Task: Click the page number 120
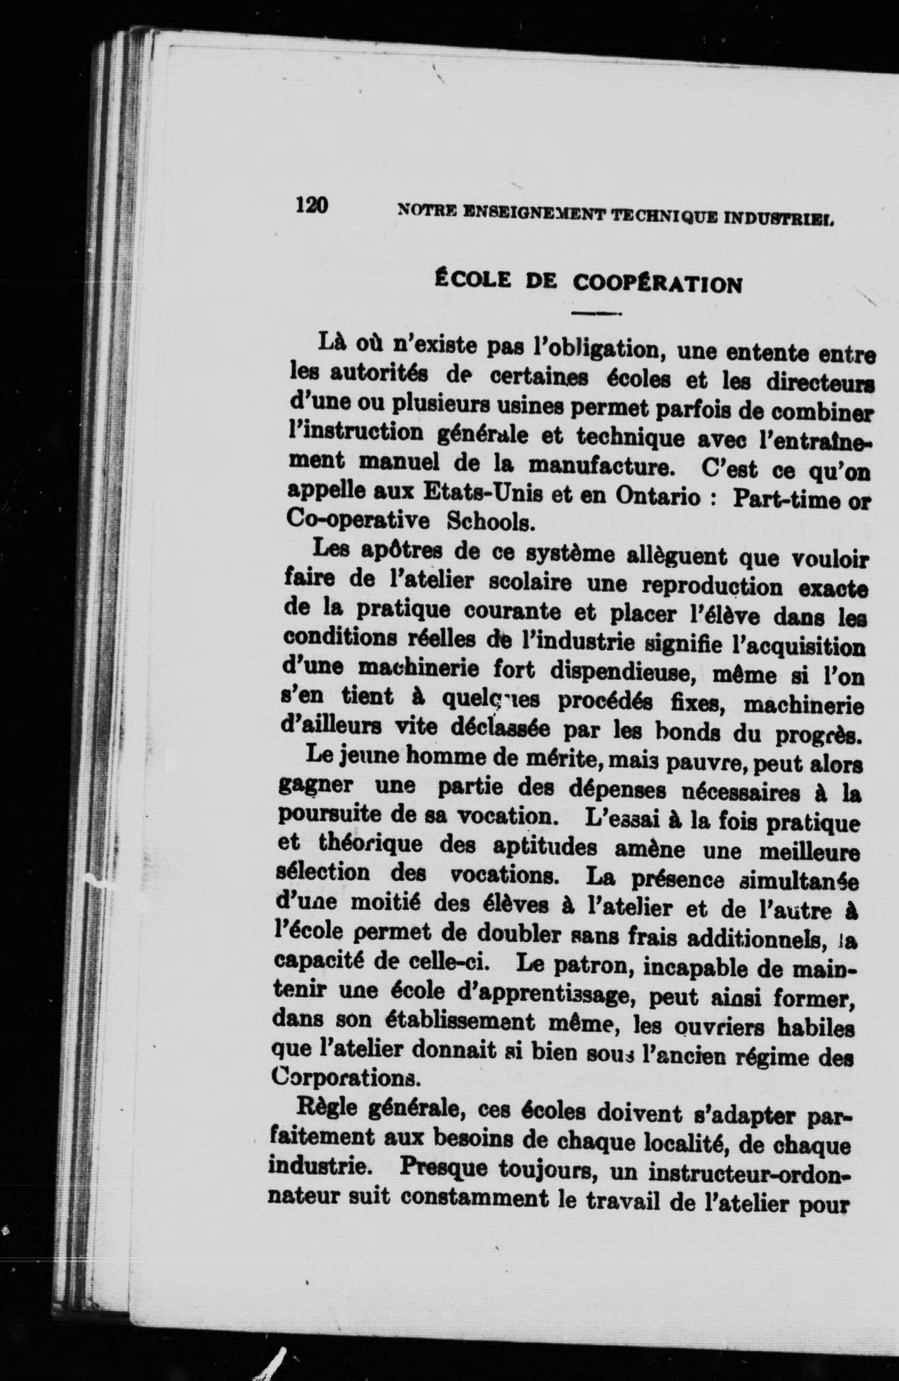pyautogui.click(x=312, y=205)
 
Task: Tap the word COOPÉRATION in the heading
pyautogui.click(x=657, y=284)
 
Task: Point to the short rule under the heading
pyautogui.click(x=596, y=314)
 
